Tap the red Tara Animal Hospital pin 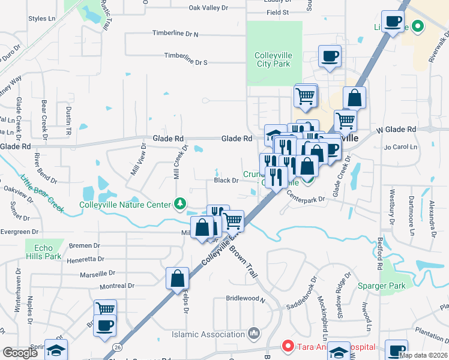(288, 347)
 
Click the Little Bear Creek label (42, 192)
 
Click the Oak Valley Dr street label (209, 8)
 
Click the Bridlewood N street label (246, 298)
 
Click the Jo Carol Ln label (399, 146)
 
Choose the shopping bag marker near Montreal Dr (177, 280)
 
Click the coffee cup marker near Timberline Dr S (330, 58)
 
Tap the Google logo (21, 353)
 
